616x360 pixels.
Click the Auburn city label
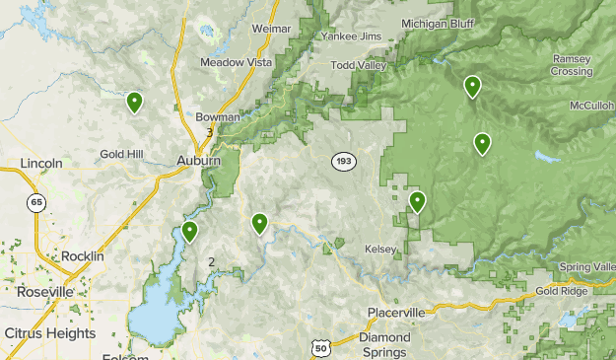tap(198, 160)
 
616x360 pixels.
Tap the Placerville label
tap(396, 313)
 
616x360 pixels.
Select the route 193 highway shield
tap(343, 161)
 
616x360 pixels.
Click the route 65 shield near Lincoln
tap(35, 202)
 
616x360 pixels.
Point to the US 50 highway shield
tap(318, 348)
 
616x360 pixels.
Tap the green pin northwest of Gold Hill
tap(134, 102)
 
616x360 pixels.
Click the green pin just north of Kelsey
tap(417, 202)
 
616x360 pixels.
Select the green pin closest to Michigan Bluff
tap(473, 87)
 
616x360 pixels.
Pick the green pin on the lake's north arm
tap(189, 232)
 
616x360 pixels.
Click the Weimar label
tap(272, 30)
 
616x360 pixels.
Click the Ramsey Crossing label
tap(572, 65)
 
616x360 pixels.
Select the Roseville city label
tap(44, 292)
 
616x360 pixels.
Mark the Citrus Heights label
tap(49, 333)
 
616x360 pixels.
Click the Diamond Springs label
tap(384, 344)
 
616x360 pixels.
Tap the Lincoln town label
tap(41, 163)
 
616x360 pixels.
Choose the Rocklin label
tap(82, 255)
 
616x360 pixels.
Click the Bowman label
tap(218, 116)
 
